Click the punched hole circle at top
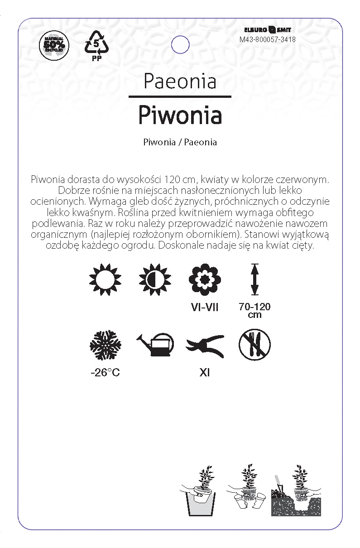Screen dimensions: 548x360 (x=180, y=45)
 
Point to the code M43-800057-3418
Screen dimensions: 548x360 (x=268, y=39)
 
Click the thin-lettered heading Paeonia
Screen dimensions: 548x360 (x=180, y=81)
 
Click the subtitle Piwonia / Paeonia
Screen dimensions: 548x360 (x=180, y=142)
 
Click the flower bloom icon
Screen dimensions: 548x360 (x=205, y=280)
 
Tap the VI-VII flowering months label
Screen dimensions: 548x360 (x=205, y=308)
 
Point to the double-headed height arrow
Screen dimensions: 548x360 (x=254, y=280)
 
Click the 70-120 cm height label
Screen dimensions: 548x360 (x=254, y=310)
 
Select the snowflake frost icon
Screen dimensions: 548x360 (x=106, y=346)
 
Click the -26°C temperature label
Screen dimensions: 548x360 (x=106, y=373)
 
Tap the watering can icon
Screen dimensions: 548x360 (x=155, y=346)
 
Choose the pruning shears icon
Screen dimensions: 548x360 (x=205, y=346)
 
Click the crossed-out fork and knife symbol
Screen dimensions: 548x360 (x=254, y=345)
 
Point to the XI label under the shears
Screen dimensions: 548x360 (x=205, y=373)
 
